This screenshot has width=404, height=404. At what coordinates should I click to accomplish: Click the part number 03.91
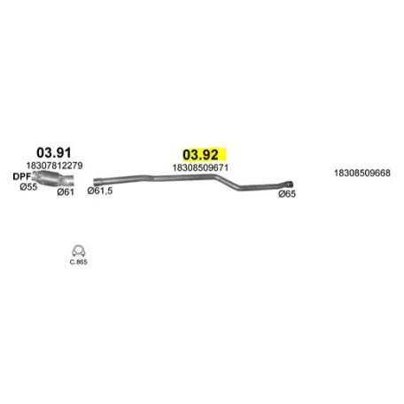(x=54, y=152)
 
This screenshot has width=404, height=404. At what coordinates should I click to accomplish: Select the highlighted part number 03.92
(x=200, y=155)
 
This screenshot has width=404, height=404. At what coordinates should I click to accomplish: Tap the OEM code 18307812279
(x=54, y=166)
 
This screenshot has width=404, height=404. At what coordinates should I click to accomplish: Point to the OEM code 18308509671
(x=200, y=167)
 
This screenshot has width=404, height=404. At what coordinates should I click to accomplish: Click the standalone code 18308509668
(x=362, y=173)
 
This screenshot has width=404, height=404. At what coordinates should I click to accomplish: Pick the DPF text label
(x=22, y=176)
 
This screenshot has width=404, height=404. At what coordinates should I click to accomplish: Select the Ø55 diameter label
(x=28, y=187)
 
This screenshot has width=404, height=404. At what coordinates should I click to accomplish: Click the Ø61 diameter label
(x=66, y=192)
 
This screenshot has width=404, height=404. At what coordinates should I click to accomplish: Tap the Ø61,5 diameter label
(x=100, y=190)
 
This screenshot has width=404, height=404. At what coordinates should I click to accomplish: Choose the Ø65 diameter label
(x=287, y=194)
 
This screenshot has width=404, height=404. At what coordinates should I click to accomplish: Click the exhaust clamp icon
(x=78, y=252)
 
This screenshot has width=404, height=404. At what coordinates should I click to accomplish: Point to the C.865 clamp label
(x=79, y=262)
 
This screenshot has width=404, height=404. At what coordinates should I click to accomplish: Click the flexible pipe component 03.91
(x=53, y=179)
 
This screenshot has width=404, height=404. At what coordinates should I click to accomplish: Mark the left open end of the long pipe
(x=96, y=182)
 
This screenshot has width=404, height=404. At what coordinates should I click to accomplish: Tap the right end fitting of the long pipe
(x=290, y=184)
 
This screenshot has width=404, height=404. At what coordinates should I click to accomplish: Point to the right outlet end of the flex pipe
(x=70, y=180)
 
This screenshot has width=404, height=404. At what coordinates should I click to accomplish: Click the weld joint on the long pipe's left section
(x=153, y=178)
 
